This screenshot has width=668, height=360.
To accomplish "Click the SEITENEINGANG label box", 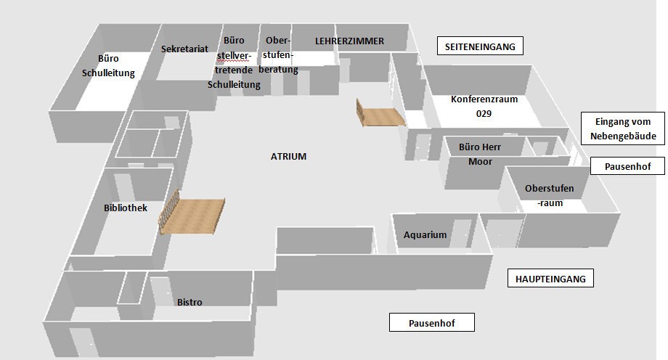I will tap(480, 46).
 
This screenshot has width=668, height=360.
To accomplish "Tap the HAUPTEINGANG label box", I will tap(550, 278).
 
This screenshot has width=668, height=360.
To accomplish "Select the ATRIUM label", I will tap(288, 156).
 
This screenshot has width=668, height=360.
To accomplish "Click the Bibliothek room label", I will tap(126, 208).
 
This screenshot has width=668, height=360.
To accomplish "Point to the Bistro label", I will tap(190, 302).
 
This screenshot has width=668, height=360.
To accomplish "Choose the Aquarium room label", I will tap(425, 235).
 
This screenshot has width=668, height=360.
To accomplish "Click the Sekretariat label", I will tap(184, 49).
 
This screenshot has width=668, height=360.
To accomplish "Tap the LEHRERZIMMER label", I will tap(349, 41).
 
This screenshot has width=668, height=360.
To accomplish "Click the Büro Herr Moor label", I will tap(480, 154).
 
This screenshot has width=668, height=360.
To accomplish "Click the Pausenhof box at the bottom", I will tap(431, 323).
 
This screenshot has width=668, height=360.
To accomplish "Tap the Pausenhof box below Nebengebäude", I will tap(627, 166).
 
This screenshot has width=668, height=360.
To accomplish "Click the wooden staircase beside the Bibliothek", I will tap(190, 215).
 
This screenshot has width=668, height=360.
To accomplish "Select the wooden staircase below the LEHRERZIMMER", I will tap(380, 115).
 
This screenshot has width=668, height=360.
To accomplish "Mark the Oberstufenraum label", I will tap(549, 196).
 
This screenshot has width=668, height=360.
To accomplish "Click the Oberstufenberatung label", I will tap(278, 55).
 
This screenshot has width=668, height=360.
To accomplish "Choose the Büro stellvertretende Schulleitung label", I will tap(234, 63).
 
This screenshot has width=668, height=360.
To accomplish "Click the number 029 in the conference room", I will tap(484, 114).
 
